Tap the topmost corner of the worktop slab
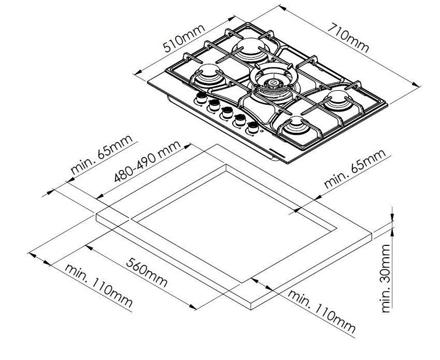point(217,144)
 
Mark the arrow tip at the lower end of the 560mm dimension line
point(196,309)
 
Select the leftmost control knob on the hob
point(202,98)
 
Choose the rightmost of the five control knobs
point(253,128)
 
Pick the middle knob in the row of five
point(228,113)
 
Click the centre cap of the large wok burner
point(273,82)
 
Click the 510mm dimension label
point(184,39)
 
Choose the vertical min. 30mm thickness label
point(386,278)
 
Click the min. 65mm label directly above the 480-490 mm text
point(102,155)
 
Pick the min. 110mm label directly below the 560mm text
point(98,285)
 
